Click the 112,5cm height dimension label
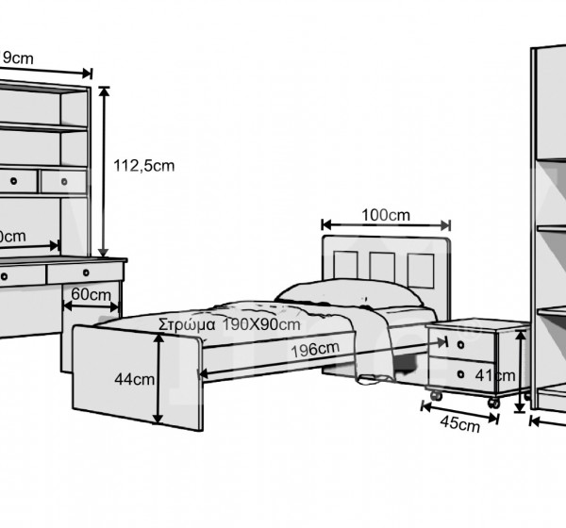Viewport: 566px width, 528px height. (x=143, y=165)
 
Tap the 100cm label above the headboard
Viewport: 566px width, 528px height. (x=385, y=215)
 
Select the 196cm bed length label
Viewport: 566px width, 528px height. (x=314, y=350)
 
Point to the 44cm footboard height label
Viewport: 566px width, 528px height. (x=134, y=380)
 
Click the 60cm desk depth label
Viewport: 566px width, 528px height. (x=91, y=294)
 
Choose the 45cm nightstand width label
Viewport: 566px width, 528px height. (x=458, y=424)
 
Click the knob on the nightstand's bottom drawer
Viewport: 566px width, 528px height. (x=460, y=374)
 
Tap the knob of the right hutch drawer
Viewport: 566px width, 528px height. (x=64, y=180)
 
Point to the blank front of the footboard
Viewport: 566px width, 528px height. (x=113, y=377)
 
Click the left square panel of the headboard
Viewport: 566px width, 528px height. (x=346, y=267)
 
